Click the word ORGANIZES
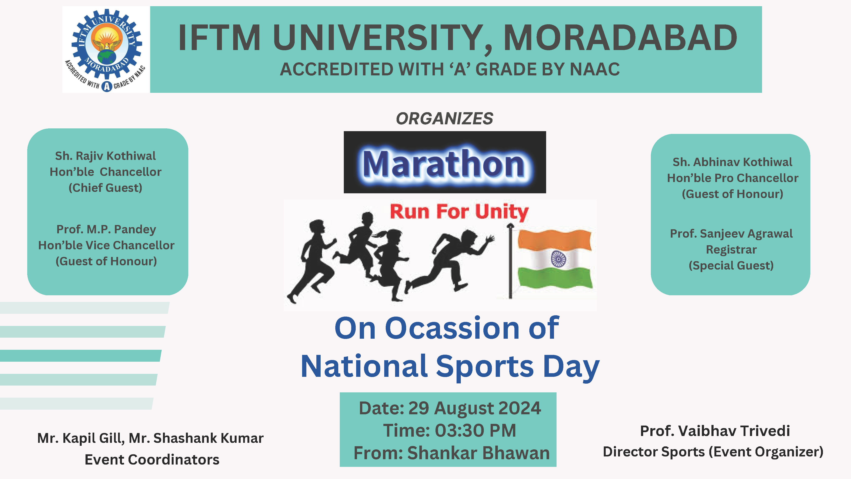[444, 119]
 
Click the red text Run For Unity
[459, 212]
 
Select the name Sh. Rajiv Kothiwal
[105, 156]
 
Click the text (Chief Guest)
[105, 188]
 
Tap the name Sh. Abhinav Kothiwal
[732, 162]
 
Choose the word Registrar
[731, 250]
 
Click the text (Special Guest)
[731, 265]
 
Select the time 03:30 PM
[475, 430]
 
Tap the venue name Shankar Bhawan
[478, 453]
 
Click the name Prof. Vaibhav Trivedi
[715, 431]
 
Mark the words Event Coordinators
[152, 459]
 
